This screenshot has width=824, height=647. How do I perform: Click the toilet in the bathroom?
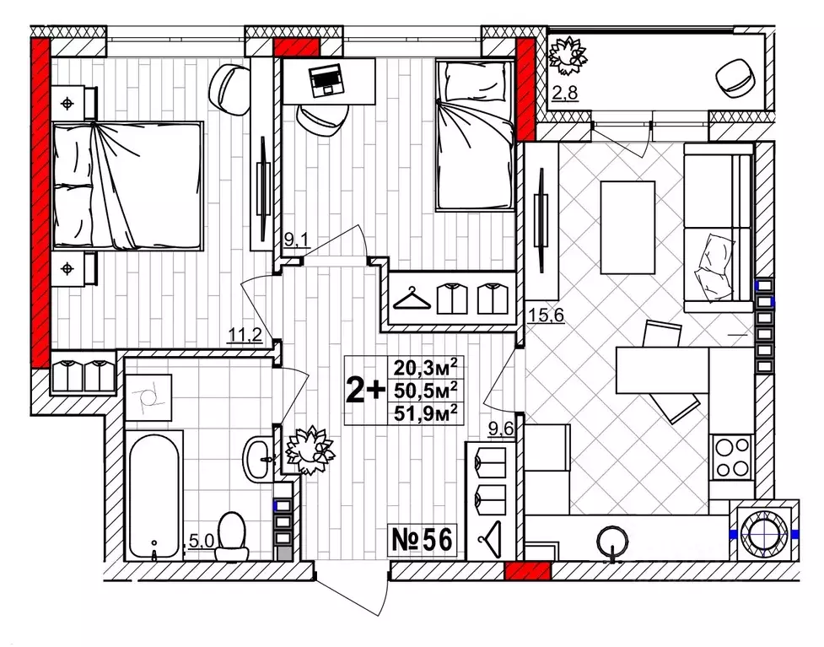(231, 536)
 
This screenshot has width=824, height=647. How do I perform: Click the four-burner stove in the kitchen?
(731, 456)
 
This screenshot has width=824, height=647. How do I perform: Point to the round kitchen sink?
(613, 542)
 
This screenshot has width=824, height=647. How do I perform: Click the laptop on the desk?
(326, 82)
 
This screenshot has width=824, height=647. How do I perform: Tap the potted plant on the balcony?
(567, 56)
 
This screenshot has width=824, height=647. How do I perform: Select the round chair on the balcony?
(735, 78)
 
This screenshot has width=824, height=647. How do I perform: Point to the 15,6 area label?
(546, 315)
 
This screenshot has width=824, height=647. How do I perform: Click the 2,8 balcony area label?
(564, 93)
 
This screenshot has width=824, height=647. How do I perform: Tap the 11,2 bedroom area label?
(245, 334)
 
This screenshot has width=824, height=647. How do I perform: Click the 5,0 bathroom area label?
(201, 541)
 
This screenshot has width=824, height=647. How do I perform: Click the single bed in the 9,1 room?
(475, 135)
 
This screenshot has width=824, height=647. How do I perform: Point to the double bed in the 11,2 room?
(127, 186)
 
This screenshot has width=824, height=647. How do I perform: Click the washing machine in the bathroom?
(148, 397)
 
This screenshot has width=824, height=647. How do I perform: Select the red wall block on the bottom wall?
(527, 571)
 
